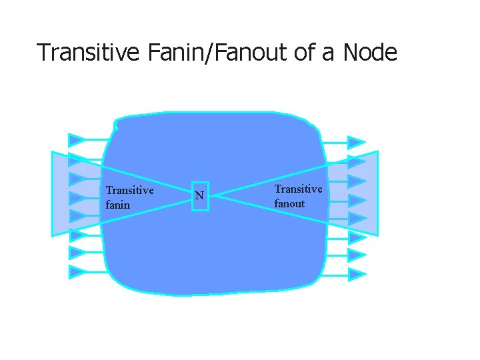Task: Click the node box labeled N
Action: coord(200,196)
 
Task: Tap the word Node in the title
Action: coord(370,52)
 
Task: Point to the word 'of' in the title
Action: coord(305,52)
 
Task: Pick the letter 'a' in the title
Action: coord(327,53)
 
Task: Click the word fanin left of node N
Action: coord(118,205)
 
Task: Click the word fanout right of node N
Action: coord(289,203)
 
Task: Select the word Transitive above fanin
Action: coord(129,191)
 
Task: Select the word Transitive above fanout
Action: coord(298,189)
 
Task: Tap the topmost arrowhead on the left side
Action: coord(77,140)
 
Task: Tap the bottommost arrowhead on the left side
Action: coord(77,272)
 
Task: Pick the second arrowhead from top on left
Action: coord(77,160)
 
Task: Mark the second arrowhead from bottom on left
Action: coord(77,253)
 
